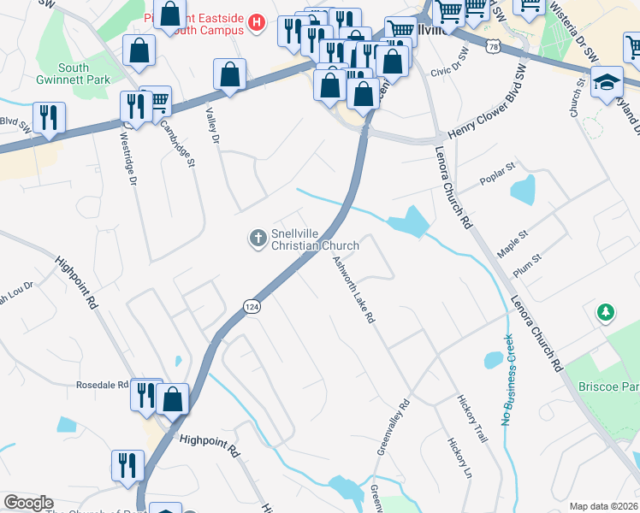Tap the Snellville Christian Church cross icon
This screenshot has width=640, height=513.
pos(258,239)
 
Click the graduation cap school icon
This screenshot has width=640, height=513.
pos(607,83)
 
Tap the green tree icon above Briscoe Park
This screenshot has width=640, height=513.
pos(606,313)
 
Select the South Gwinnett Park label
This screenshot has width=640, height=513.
pos(86,74)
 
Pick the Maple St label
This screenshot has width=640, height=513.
pos(513,243)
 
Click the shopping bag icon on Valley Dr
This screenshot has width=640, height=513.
pos(229,75)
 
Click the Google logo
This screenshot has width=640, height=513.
pos(28,503)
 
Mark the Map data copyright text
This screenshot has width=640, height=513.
pos(604,506)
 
